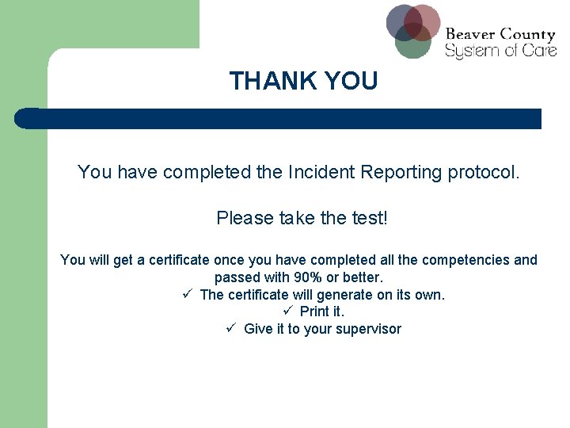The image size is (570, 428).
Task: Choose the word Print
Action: [x=313, y=311]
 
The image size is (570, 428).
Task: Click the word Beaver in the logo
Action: [x=470, y=35]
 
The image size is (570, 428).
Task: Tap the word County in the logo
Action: [x=527, y=35]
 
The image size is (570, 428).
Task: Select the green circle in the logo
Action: [x=412, y=43]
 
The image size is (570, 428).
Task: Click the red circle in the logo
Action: [x=424, y=20]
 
